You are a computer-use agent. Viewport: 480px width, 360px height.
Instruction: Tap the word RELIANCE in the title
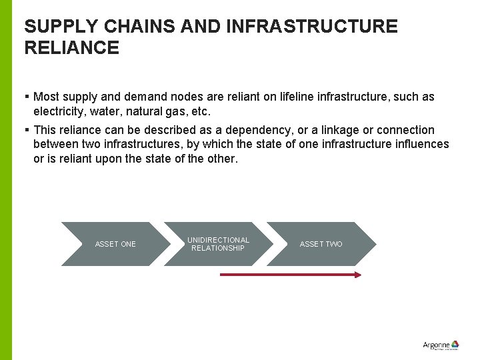(71, 48)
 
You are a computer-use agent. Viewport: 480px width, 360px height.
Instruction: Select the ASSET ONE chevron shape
(115, 244)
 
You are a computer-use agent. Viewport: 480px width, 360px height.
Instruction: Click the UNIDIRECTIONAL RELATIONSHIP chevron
(218, 244)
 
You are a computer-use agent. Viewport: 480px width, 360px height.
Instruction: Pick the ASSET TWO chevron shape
(321, 244)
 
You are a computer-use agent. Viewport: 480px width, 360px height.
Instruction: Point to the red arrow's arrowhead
(358, 274)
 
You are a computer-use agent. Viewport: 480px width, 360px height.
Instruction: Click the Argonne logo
(441, 345)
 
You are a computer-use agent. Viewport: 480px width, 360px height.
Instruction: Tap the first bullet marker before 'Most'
(27, 97)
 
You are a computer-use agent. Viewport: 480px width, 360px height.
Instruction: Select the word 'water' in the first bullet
(105, 111)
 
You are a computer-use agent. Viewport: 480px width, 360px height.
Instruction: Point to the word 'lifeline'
(299, 97)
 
